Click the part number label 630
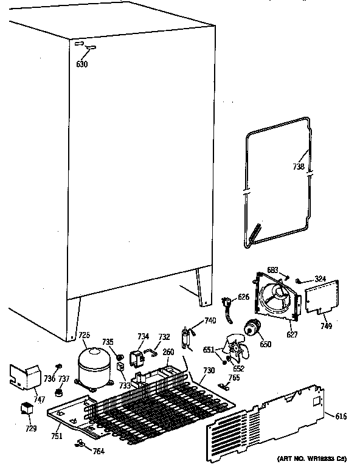(82, 64)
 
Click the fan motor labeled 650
(251, 329)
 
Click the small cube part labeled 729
(27, 409)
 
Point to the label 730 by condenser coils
(208, 370)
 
